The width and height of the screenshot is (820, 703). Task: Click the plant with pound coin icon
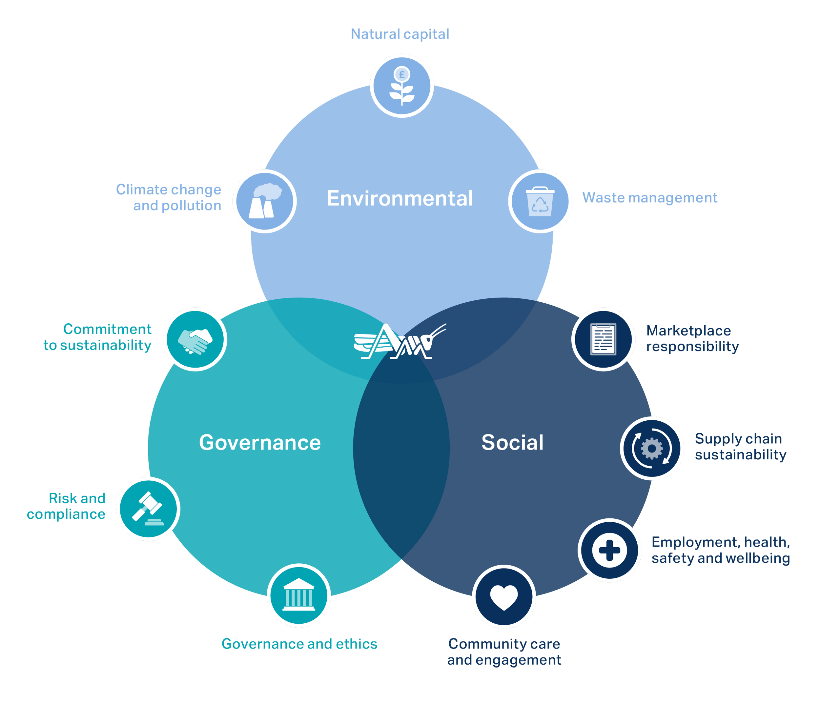pyautogui.click(x=402, y=86)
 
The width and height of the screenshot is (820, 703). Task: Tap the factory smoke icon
pyautogui.click(x=264, y=201)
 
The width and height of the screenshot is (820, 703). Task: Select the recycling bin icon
pyautogui.click(x=540, y=201)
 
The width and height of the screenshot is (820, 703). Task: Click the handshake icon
pyautogui.click(x=195, y=339)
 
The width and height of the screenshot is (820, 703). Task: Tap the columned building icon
pyautogui.click(x=298, y=595)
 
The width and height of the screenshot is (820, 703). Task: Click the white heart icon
pyautogui.click(x=504, y=596)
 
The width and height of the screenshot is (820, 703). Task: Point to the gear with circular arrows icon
pyautogui.click(x=651, y=448)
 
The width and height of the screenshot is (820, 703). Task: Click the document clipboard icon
pyautogui.click(x=603, y=339)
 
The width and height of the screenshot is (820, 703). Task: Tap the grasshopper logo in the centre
pyautogui.click(x=400, y=341)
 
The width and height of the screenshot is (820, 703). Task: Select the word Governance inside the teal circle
pyautogui.click(x=260, y=442)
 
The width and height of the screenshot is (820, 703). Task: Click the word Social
pyautogui.click(x=512, y=442)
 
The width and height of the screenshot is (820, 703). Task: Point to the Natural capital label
pyautogui.click(x=400, y=34)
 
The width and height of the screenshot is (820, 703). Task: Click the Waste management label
pyautogui.click(x=649, y=197)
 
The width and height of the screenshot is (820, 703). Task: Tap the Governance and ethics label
pyautogui.click(x=299, y=644)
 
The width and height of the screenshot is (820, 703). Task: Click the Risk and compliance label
pyautogui.click(x=66, y=506)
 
